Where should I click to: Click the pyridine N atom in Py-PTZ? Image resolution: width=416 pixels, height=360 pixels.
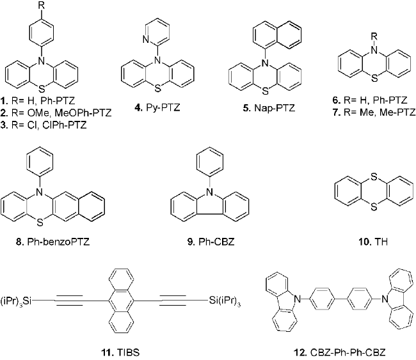click(146, 40)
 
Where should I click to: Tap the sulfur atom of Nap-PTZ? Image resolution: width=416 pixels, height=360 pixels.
click(265, 91)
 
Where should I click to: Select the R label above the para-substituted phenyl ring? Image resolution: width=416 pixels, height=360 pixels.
click(41, 6)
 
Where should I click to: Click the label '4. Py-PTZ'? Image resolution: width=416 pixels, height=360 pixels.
click(157, 108)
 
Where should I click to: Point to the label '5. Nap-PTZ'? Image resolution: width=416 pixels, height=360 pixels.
click(269, 108)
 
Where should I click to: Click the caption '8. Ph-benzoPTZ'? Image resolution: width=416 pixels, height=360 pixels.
click(52, 242)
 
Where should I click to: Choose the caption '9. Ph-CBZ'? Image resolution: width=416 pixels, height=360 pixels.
click(211, 242)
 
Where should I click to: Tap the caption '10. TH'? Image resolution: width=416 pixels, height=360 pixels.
click(373, 242)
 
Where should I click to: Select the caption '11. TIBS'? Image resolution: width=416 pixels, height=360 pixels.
click(120, 352)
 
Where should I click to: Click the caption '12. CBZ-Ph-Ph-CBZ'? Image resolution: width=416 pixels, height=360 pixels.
click(339, 352)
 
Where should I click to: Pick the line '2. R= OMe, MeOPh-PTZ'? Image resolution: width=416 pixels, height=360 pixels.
click(56, 113)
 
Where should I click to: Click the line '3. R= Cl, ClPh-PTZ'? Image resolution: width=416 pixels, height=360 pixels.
click(44, 125)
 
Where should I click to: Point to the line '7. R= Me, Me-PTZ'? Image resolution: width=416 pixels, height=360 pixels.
click(374, 112)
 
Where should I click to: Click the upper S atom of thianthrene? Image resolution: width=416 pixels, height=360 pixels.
click(374, 177)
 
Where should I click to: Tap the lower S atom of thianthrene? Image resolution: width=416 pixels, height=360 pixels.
click(374, 207)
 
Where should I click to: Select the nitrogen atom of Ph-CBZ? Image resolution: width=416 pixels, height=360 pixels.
click(209, 191)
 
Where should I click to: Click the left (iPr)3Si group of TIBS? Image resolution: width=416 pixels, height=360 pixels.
click(15, 301)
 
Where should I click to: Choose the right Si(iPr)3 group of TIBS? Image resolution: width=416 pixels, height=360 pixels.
click(225, 301)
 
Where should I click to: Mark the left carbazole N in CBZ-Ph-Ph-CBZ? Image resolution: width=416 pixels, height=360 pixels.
click(298, 299)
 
